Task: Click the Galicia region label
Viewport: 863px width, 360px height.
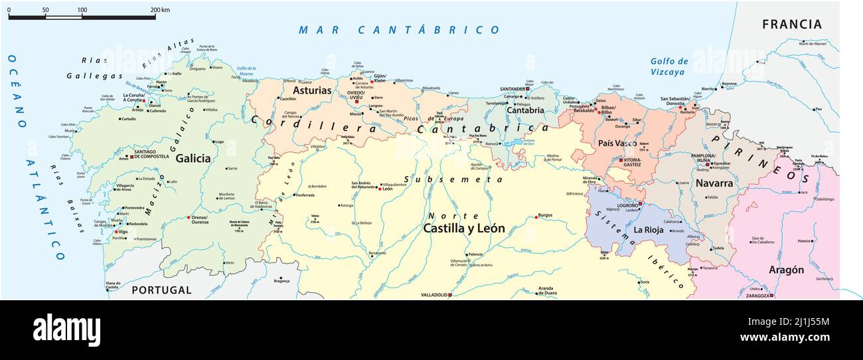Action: [193, 158]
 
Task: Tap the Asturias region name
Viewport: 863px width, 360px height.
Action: [312, 90]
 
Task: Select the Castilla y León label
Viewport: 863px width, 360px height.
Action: [464, 228]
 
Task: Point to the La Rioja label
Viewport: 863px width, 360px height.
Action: [649, 230]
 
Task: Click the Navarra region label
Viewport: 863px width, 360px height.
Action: [714, 183]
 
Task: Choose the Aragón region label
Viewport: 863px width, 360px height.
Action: [786, 270]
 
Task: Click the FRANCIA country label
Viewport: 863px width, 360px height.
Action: [791, 25]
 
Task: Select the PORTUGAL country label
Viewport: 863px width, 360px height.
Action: [161, 290]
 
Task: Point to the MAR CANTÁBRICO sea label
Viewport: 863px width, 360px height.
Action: [399, 30]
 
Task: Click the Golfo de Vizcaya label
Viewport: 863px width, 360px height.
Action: [669, 66]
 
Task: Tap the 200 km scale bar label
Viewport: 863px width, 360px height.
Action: [159, 10]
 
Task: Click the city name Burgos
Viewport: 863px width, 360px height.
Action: [545, 216]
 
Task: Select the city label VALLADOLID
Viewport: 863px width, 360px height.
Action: [434, 295]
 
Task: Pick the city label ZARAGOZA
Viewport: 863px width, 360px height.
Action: [757, 296]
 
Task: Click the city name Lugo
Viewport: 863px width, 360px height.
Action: [219, 141]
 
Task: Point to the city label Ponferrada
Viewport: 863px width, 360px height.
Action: [305, 195]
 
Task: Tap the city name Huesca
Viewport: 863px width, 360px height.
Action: [804, 240]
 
